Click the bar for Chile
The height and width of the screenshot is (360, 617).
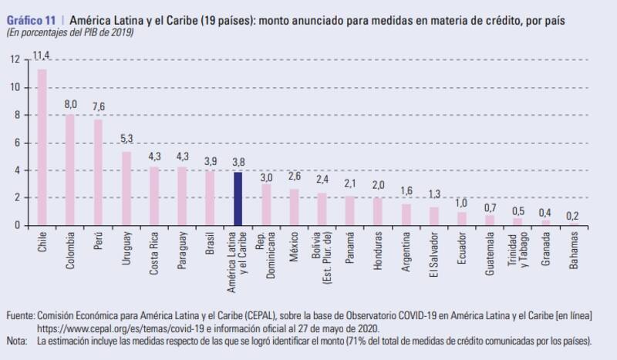pyautogui.click(x=42, y=147)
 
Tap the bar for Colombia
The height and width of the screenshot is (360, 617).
pyautogui.click(x=69, y=170)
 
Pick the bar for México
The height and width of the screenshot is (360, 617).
pyautogui.click(x=294, y=207)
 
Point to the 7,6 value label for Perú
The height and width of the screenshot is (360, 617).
pyautogui.click(x=98, y=106)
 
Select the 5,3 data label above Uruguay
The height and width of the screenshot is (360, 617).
pyautogui.click(x=126, y=139)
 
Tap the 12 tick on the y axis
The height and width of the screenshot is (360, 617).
pyautogui.click(x=16, y=59)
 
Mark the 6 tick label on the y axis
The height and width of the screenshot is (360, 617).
pyautogui.click(x=18, y=143)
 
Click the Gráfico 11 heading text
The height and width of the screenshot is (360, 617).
pyautogui.click(x=28, y=22)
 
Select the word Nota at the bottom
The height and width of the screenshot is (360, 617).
pyautogui.click(x=16, y=339)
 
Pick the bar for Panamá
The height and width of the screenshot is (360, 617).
pyautogui.click(x=351, y=210)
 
